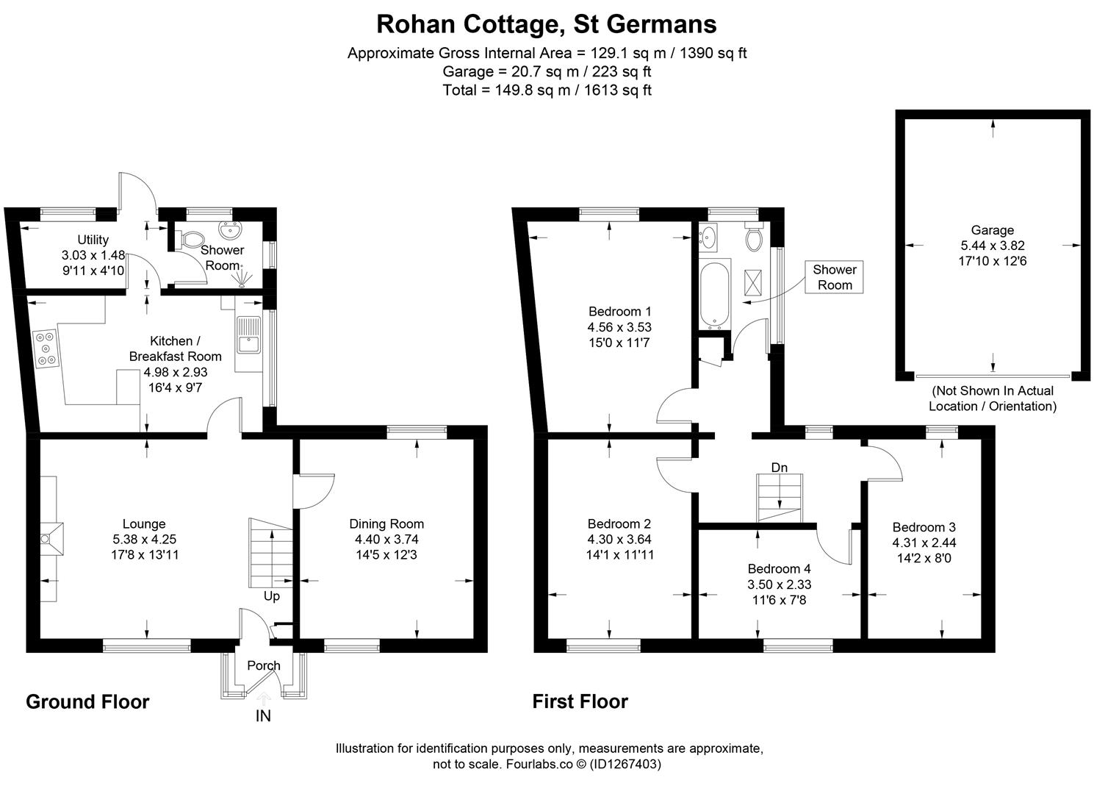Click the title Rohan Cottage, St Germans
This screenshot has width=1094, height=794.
[546, 24]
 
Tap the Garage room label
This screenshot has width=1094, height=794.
[992, 230]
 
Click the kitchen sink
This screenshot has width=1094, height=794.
[249, 335]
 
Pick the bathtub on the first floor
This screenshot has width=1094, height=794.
[714, 292]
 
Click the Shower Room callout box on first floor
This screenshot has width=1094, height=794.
[834, 277]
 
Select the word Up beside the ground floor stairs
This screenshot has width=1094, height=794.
[272, 596]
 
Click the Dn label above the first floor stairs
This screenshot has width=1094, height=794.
[780, 468]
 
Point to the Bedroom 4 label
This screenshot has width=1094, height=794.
[779, 569]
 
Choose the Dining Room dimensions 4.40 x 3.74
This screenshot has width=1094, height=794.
[386, 539]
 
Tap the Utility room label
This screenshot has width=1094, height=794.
[93, 240]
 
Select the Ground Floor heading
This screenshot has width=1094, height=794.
[87, 702]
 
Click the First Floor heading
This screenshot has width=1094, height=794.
[580, 702]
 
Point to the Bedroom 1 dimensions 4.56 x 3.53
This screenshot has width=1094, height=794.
[619, 327]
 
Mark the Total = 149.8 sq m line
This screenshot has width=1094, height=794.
[547, 90]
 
